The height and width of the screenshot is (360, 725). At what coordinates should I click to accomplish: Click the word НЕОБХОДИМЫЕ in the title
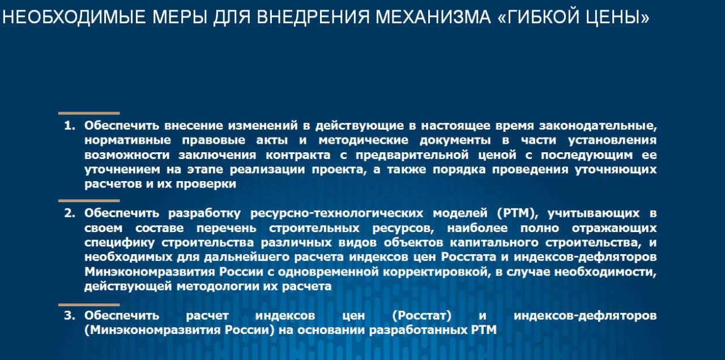[74, 17]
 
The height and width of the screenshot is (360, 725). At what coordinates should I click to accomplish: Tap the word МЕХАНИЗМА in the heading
[433, 17]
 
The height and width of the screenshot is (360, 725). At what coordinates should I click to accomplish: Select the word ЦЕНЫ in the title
[617, 18]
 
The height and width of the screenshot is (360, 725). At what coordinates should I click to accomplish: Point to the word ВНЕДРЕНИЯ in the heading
[313, 18]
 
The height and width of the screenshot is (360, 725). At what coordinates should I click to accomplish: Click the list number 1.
[70, 126]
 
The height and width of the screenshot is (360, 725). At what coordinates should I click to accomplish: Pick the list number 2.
[70, 213]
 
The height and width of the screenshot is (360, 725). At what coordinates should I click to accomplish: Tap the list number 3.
[70, 315]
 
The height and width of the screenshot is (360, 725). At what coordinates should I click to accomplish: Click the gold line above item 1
[89, 113]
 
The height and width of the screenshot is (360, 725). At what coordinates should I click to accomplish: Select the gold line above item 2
[89, 201]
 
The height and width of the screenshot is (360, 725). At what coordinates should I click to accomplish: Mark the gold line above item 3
[89, 305]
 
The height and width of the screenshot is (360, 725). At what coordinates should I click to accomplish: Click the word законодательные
[598, 126]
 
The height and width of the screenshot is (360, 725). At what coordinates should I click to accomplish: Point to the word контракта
[298, 155]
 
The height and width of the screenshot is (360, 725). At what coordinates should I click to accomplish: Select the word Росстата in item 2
[468, 257]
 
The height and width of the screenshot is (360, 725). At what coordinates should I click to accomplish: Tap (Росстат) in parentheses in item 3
[422, 316]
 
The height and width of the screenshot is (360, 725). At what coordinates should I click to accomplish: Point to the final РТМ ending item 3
[484, 330]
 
